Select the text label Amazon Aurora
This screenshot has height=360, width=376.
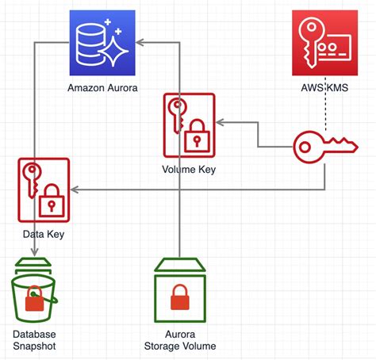click(x=102, y=88)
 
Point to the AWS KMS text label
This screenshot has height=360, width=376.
click(x=324, y=88)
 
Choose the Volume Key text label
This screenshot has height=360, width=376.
click(x=189, y=168)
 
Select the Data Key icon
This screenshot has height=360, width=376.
click(x=44, y=190)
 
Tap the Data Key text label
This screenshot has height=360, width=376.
click(x=44, y=234)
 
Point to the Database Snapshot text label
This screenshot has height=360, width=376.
click(x=33, y=339)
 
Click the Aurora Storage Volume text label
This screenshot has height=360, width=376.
click(x=180, y=339)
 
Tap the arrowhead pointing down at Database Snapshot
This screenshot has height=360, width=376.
click(x=33, y=252)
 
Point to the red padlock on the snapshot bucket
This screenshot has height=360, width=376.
click(x=34, y=300)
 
